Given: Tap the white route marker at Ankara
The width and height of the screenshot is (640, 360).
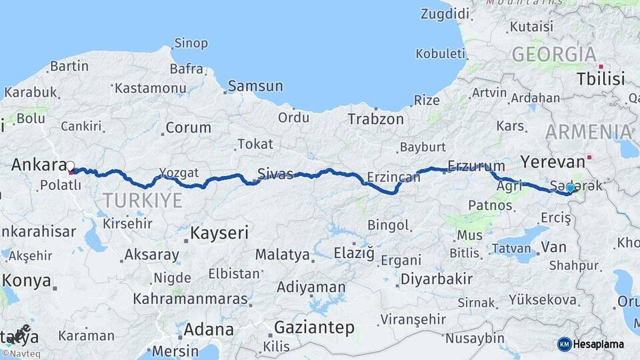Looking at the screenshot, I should coord(70,165).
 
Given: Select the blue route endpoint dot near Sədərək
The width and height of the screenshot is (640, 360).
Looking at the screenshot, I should coord(570,188).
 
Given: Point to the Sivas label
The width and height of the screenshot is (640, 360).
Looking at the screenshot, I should coord(275,175).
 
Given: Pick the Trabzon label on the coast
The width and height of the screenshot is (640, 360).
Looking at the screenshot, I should coord(375,119).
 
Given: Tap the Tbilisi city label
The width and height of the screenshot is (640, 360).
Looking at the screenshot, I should coord(601,79).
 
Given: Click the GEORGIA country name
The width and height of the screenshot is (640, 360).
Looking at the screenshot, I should coord(553,55).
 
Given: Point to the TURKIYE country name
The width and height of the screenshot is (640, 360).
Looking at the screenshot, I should coord(142,200).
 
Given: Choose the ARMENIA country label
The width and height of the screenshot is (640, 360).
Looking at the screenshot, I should coord(588,131).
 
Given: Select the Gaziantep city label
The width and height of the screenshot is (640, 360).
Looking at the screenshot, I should coord(313,327).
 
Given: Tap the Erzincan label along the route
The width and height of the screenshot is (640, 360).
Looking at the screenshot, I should coord(393,177).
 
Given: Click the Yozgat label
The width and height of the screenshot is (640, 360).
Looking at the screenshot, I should coord(179,173).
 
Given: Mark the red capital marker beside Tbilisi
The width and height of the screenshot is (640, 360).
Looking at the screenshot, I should coord(601,67).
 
